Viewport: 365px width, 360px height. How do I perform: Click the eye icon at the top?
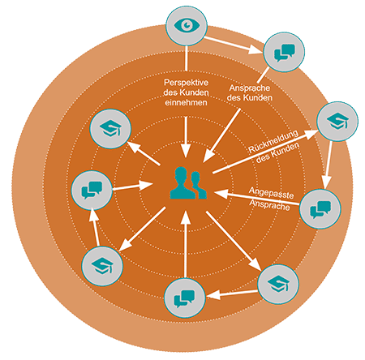click(x=187, y=25)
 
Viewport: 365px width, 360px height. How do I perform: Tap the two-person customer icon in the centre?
click(x=188, y=183)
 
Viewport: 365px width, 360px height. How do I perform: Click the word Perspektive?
click(x=187, y=83)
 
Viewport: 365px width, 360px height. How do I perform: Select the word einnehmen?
click(x=187, y=103)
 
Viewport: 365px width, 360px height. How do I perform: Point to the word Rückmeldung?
click(x=273, y=141)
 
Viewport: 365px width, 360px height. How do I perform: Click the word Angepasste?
click(x=271, y=192)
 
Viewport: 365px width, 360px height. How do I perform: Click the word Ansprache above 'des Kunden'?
click(x=250, y=88)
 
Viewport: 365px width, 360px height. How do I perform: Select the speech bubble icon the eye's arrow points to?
click(x=284, y=52)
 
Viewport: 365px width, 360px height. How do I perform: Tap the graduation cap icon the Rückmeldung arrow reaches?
click(x=337, y=121)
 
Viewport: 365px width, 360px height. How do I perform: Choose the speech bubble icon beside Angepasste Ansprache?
click(x=320, y=208)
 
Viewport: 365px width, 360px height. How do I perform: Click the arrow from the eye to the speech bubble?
click(x=233, y=45)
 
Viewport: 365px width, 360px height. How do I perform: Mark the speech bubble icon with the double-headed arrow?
click(x=92, y=191)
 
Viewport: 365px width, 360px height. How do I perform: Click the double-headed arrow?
click(x=132, y=186)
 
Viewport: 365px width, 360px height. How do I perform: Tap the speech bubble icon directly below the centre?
click(x=185, y=298)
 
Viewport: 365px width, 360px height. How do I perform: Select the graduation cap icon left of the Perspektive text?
click(x=110, y=129)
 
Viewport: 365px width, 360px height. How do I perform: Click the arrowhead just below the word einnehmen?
click(x=186, y=152)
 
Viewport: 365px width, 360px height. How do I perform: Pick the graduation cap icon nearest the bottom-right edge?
click(x=278, y=285)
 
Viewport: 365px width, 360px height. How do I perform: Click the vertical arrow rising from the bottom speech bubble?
click(x=185, y=245)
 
